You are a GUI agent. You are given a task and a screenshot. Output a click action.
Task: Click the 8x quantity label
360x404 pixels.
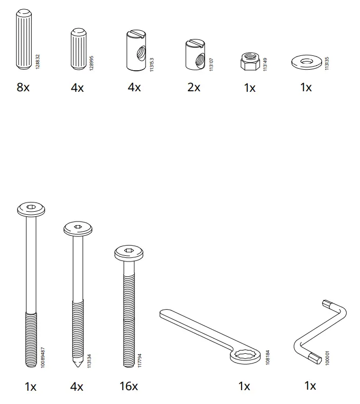point(23,88)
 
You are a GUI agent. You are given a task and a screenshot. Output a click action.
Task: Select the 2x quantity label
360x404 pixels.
point(193,88)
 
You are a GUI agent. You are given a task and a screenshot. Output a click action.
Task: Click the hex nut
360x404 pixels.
point(250,63)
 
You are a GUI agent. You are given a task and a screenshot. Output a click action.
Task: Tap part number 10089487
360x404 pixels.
point(43,354)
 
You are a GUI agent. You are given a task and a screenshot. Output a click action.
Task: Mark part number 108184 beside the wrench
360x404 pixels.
point(267,357)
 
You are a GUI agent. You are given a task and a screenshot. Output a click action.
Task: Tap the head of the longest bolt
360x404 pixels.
point(32,208)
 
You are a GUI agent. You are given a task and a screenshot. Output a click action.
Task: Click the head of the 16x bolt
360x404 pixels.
point(129,252)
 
